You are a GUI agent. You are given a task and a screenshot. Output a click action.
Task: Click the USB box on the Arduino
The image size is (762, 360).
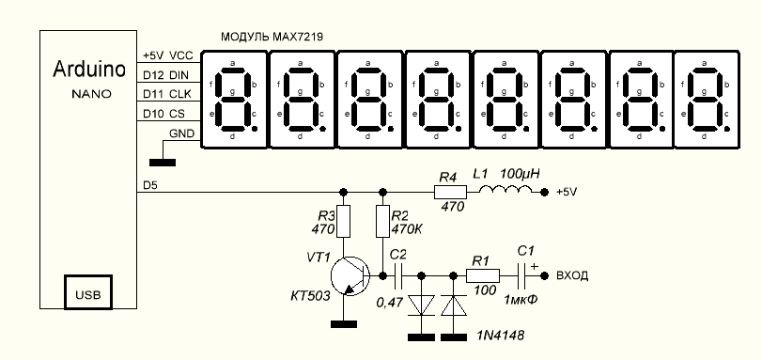tap(88, 292)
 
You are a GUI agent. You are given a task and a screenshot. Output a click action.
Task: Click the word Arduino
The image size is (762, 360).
tap(89, 69)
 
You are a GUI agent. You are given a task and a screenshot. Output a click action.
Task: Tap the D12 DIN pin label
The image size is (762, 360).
tap(165, 75)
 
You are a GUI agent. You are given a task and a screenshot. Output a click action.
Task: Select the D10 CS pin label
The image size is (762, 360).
tap(163, 114)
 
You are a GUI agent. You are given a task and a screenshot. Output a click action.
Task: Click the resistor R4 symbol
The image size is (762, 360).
tap(450, 193)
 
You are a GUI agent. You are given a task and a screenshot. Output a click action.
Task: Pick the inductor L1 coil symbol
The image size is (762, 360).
tap(505, 191)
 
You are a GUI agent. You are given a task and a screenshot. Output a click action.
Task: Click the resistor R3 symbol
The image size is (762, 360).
tap(343, 221)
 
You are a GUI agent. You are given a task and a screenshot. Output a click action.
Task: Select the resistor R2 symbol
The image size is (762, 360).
tap(383, 221)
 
